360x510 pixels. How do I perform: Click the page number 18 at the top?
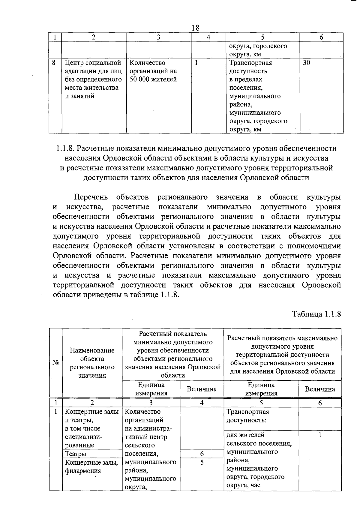(x=195, y=28)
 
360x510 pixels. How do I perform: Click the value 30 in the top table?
(x=306, y=63)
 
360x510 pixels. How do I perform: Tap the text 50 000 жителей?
(x=153, y=79)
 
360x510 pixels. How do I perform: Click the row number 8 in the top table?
(x=54, y=63)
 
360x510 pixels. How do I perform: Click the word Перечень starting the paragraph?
(x=91, y=197)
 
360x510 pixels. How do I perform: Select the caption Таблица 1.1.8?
(x=316, y=314)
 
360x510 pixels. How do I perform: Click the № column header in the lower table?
(x=56, y=363)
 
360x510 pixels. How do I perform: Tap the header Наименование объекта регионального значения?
(x=92, y=363)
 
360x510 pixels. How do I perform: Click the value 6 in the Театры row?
(x=202, y=454)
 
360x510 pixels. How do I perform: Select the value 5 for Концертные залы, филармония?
(x=202, y=462)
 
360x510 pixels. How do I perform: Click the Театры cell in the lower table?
(x=76, y=454)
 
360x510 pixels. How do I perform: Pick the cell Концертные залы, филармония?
(x=91, y=466)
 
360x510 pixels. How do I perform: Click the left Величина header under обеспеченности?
(x=202, y=389)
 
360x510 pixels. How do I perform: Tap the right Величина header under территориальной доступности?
(x=320, y=389)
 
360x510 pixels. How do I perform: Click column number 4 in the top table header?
(x=208, y=37)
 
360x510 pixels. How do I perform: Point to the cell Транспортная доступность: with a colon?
(x=248, y=416)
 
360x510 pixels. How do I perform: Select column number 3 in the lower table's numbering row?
(x=151, y=403)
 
